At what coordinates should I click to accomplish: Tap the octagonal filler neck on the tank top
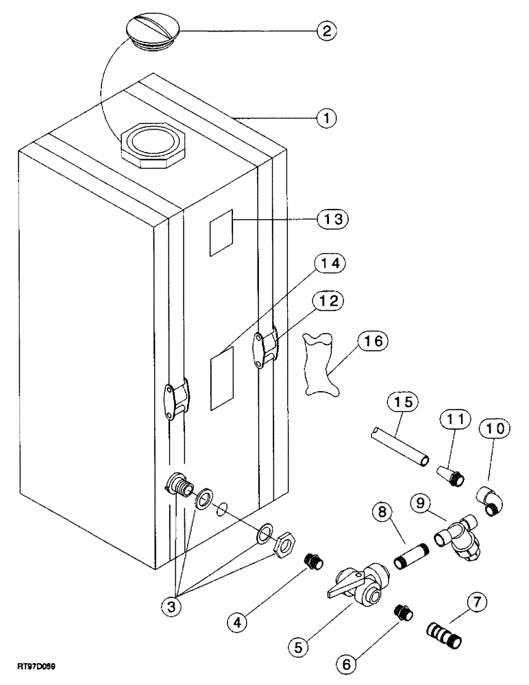tap(150, 145)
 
